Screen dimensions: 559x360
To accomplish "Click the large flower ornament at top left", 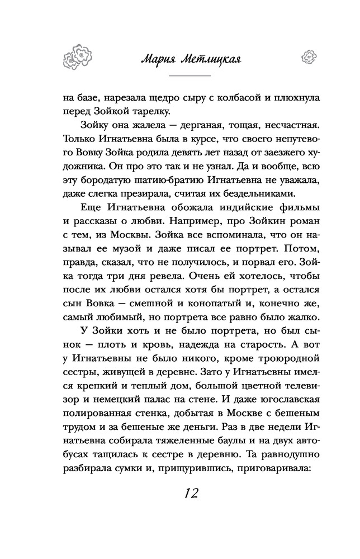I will [x=77, y=56].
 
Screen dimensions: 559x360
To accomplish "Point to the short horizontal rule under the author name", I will [x=190, y=75].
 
